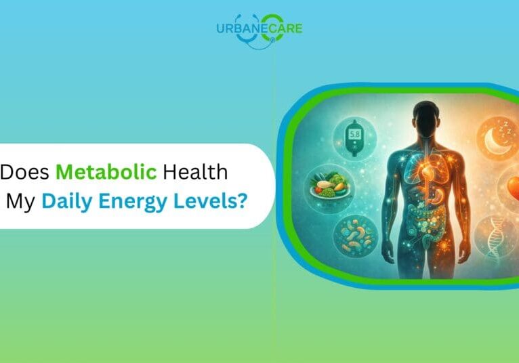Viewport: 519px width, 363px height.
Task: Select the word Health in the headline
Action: tap(194, 173)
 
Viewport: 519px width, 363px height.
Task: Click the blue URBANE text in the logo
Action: tap(238, 28)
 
